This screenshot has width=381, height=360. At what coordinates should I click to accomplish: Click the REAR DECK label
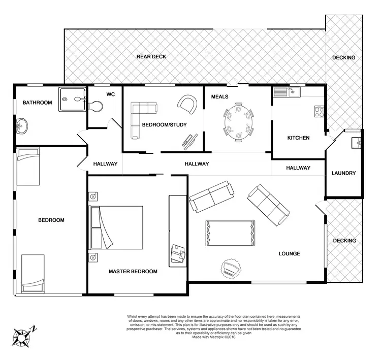[x=151, y=56]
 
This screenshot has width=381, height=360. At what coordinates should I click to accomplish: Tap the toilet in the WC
[x=96, y=106]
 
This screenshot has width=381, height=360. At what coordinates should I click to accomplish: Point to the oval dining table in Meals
[x=238, y=122]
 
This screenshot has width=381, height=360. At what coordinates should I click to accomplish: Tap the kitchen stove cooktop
[x=319, y=111]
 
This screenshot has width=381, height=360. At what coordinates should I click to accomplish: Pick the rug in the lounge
[x=230, y=233]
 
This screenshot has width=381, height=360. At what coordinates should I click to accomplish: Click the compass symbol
[x=23, y=336]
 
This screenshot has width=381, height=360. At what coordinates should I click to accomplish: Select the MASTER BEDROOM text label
[x=133, y=272]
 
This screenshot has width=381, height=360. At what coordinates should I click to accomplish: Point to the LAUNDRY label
[x=343, y=173]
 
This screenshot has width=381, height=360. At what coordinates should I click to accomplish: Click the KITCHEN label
[x=298, y=138]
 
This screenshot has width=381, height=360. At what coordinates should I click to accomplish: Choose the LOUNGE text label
[x=289, y=253]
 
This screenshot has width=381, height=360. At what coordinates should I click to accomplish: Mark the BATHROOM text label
[x=37, y=103]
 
